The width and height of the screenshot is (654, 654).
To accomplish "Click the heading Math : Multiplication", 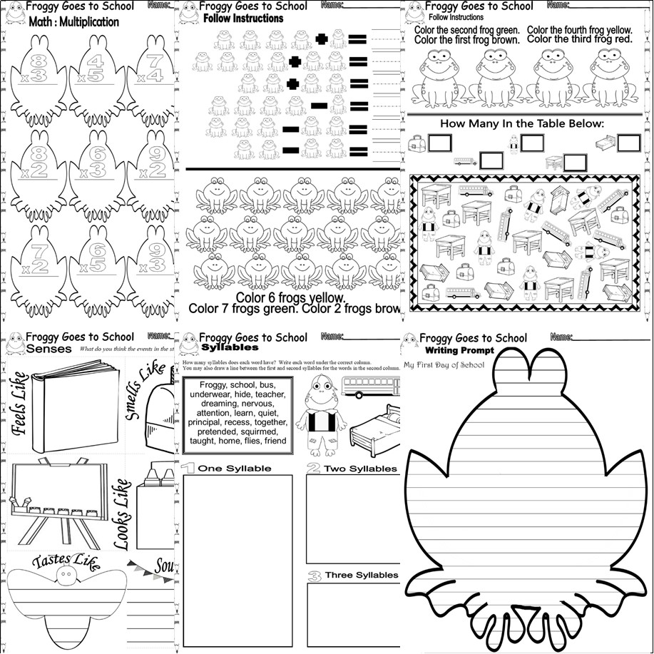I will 64,22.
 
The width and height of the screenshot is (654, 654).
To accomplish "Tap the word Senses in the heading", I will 49,349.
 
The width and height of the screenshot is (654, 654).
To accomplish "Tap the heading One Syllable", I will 234,468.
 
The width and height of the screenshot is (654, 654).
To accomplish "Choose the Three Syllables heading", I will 361,575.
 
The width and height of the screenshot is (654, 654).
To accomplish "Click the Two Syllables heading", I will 359,469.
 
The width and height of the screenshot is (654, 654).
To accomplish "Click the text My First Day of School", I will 444,365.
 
